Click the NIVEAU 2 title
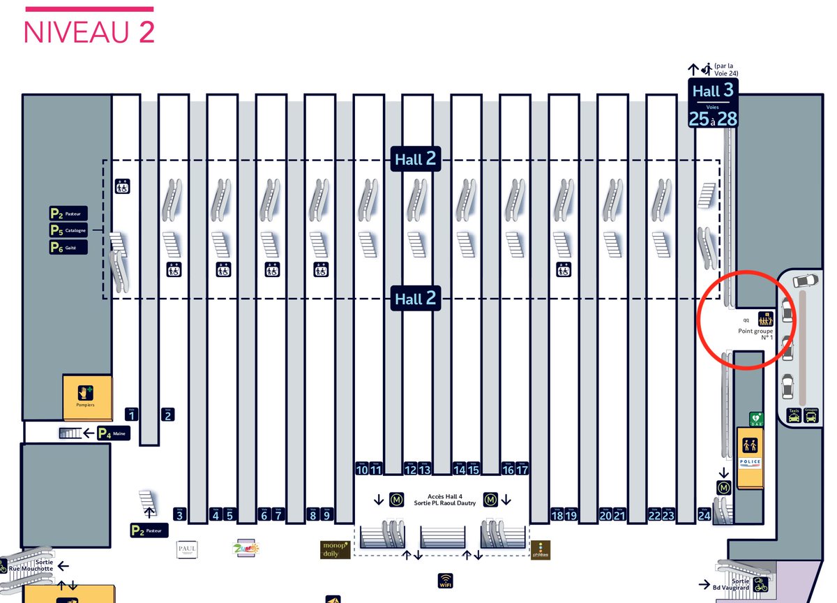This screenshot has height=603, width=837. pos(89,32)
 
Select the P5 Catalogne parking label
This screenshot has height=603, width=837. pos(68,230)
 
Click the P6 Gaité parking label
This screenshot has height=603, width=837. pos(68,247)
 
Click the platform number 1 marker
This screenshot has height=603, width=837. pos(132,415)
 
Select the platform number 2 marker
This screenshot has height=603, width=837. pos(167,415)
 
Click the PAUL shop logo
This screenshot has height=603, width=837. pos(187,549)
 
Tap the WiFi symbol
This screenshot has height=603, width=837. pos(444,581)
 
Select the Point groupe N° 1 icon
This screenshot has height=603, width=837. pos(766,319)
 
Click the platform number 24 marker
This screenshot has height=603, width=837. pos(704,516)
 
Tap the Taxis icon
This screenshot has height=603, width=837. pos(794,416)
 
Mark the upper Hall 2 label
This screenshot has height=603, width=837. pos(416,159)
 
